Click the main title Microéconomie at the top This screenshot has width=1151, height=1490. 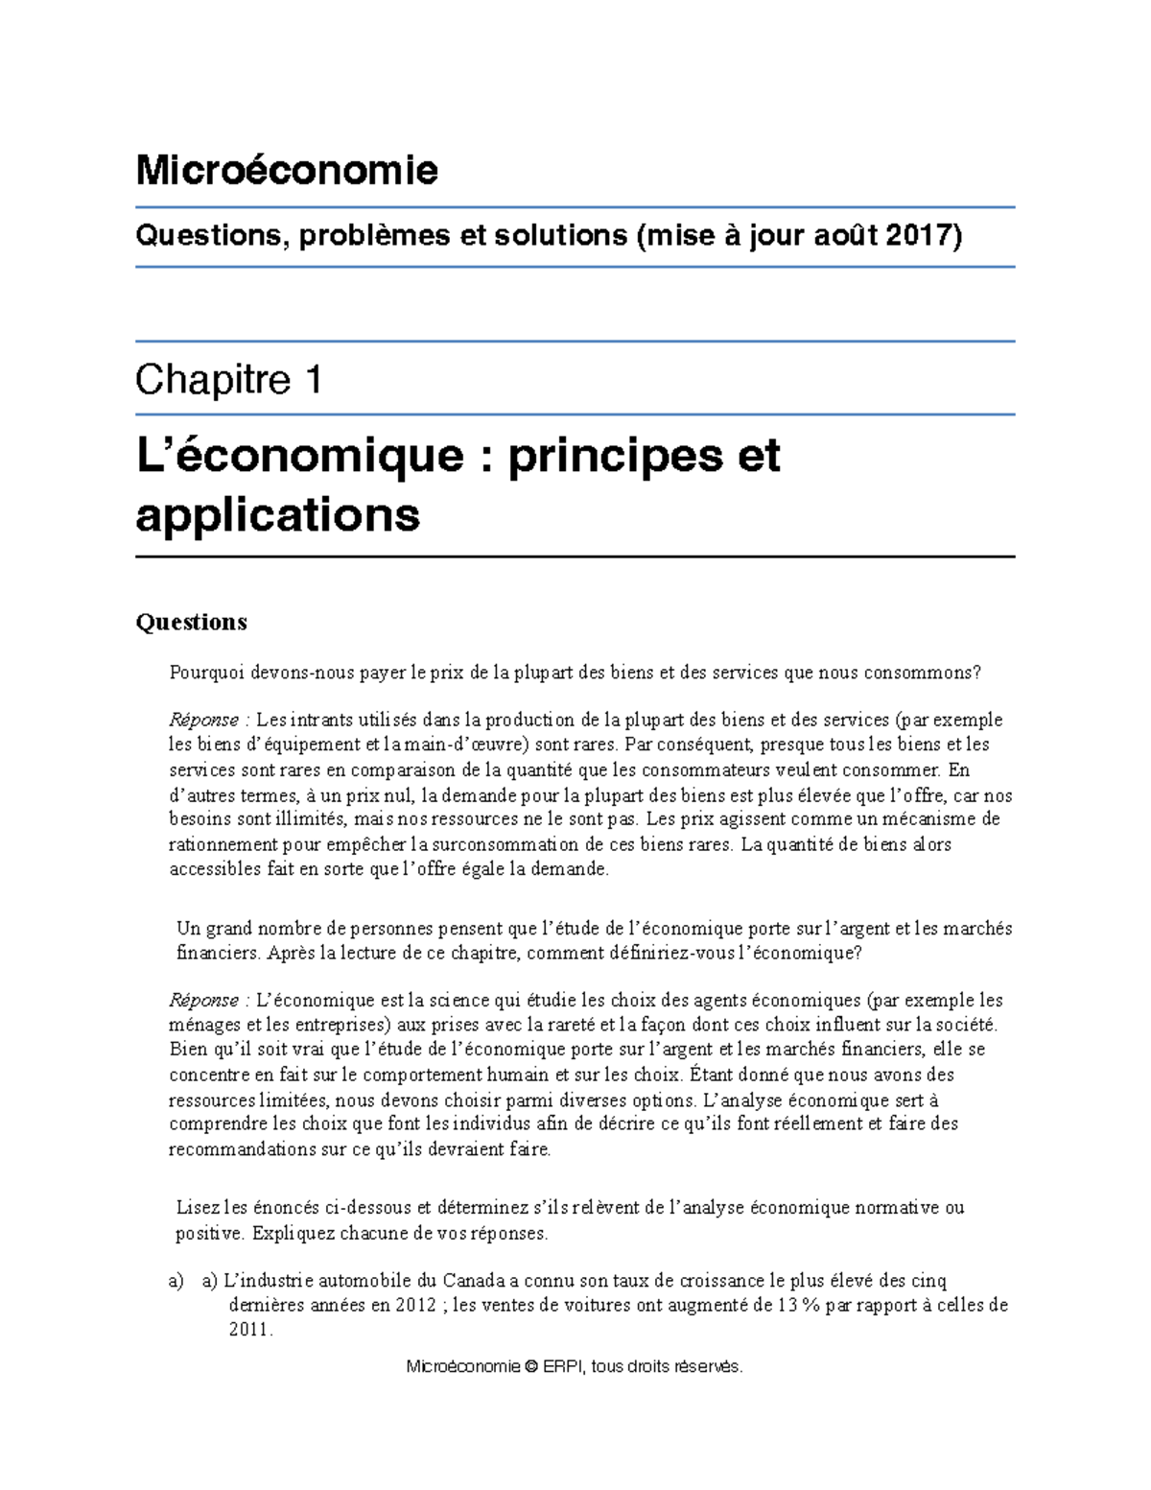287,171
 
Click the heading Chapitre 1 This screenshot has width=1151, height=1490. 228,380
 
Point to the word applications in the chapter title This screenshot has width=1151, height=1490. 277,514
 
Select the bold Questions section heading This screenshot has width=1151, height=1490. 191,622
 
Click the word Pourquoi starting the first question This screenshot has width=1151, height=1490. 207,673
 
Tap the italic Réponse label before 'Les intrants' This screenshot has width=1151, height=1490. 203,720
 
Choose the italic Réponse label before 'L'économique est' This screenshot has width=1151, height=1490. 203,1000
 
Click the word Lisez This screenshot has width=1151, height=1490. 198,1208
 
